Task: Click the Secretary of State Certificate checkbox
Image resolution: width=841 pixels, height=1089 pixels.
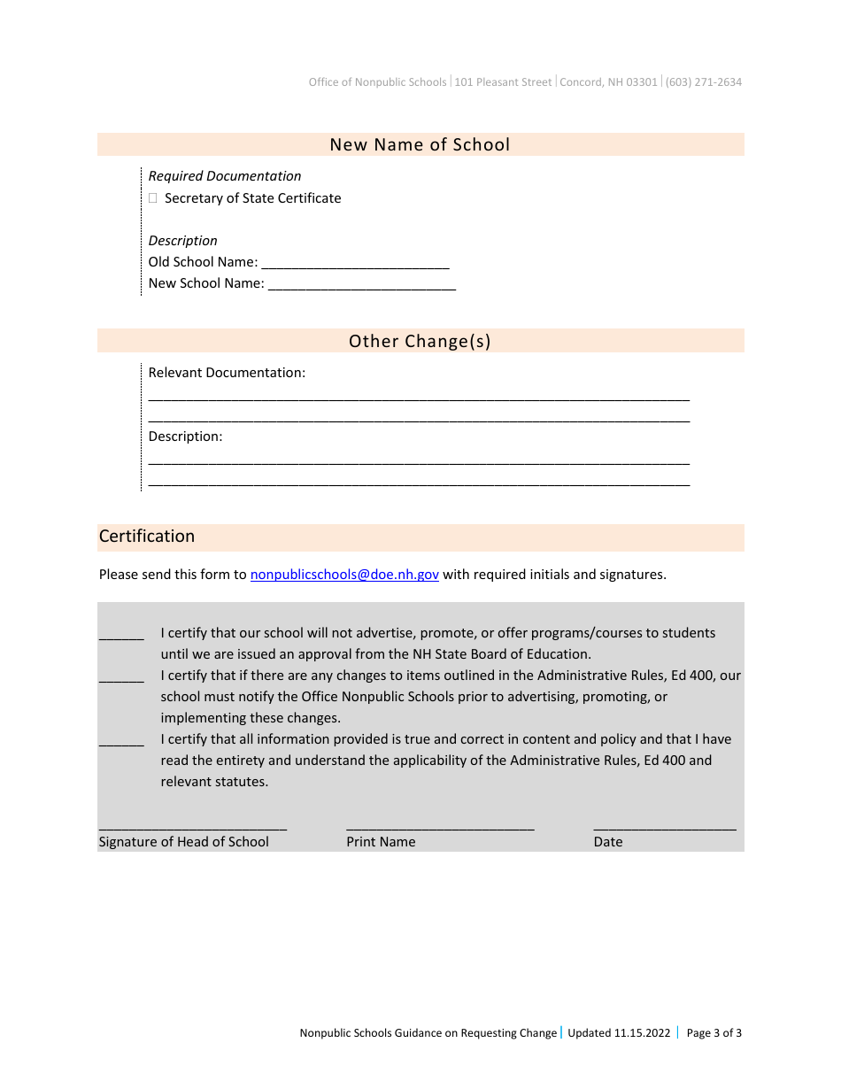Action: pyautogui.click(x=153, y=199)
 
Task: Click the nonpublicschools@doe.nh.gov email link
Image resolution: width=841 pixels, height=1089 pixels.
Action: pyautogui.click(x=344, y=575)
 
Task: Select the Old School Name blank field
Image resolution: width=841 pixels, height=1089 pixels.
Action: pyautogui.click(x=355, y=264)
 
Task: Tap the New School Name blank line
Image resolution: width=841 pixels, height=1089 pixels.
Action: pyautogui.click(x=361, y=285)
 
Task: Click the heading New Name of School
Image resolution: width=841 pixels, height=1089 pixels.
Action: pyautogui.click(x=420, y=144)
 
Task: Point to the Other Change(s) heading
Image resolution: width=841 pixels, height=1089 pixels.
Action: pyautogui.click(x=420, y=341)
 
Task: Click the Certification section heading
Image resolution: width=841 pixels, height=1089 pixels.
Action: pyautogui.click(x=147, y=537)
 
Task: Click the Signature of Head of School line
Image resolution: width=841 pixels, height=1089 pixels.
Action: pyautogui.click(x=192, y=825)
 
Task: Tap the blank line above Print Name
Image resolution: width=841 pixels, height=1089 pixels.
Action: pyautogui.click(x=440, y=825)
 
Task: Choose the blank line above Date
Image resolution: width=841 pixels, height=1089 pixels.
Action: pyautogui.click(x=664, y=825)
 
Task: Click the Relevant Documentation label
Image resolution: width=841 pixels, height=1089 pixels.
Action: pyautogui.click(x=227, y=373)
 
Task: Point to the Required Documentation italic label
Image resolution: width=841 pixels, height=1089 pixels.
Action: pyautogui.click(x=225, y=176)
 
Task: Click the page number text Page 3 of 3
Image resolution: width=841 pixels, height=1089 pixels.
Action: pyautogui.click(x=714, y=1033)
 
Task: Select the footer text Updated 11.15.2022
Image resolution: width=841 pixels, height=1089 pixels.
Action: pyautogui.click(x=619, y=1033)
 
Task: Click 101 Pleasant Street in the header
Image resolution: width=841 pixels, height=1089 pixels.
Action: pyautogui.click(x=503, y=82)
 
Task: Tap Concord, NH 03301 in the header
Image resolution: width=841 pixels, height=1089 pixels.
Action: pyautogui.click(x=608, y=82)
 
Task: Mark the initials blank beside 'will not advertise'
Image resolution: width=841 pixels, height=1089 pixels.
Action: pyautogui.click(x=121, y=635)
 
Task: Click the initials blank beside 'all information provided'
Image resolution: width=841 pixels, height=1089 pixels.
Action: pyautogui.click(x=121, y=741)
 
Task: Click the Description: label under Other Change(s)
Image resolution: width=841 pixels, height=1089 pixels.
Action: pyautogui.click(x=185, y=436)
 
